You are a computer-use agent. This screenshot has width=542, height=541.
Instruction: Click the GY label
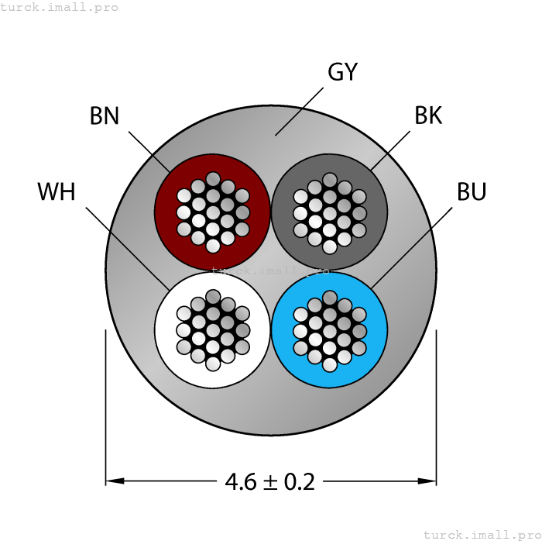342,72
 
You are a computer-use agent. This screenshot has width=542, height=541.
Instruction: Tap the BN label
105,116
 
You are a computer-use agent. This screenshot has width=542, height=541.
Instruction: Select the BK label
428,116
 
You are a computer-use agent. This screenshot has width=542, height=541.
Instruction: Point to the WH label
57,192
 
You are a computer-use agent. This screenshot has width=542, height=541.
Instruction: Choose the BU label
471,192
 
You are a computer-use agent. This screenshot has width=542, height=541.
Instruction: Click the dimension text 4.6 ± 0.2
270,482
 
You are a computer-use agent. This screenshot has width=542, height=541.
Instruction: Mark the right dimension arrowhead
427,481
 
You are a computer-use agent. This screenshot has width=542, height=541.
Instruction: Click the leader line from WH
128,248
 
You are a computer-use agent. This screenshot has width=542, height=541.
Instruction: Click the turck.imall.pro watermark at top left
60,7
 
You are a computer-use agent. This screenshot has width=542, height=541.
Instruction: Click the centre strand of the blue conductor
329,329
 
